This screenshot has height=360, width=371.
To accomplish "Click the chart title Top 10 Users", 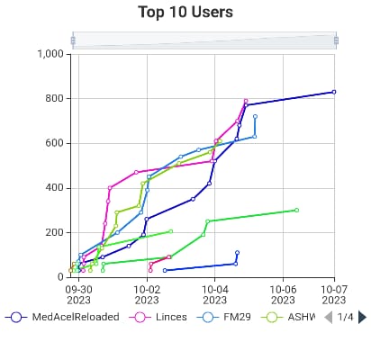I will (x=185, y=12).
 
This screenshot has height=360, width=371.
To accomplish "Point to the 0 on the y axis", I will (x=62, y=277).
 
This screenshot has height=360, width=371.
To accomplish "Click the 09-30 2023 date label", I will (x=78, y=294).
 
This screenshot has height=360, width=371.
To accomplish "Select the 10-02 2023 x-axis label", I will (x=147, y=294).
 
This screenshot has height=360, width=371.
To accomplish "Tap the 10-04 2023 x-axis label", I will (x=215, y=294).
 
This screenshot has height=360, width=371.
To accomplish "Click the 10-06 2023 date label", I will (x=284, y=294).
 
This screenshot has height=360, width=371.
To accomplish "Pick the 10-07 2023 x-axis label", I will (x=334, y=294).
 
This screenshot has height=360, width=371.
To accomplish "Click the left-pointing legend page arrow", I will (x=329, y=317).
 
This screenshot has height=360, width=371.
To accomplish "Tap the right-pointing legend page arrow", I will (x=362, y=317).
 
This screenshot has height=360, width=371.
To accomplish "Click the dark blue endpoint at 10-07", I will (x=334, y=92).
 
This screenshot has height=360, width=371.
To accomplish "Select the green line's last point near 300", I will (x=296, y=210).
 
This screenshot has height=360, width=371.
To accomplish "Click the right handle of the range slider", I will (x=336, y=40).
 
